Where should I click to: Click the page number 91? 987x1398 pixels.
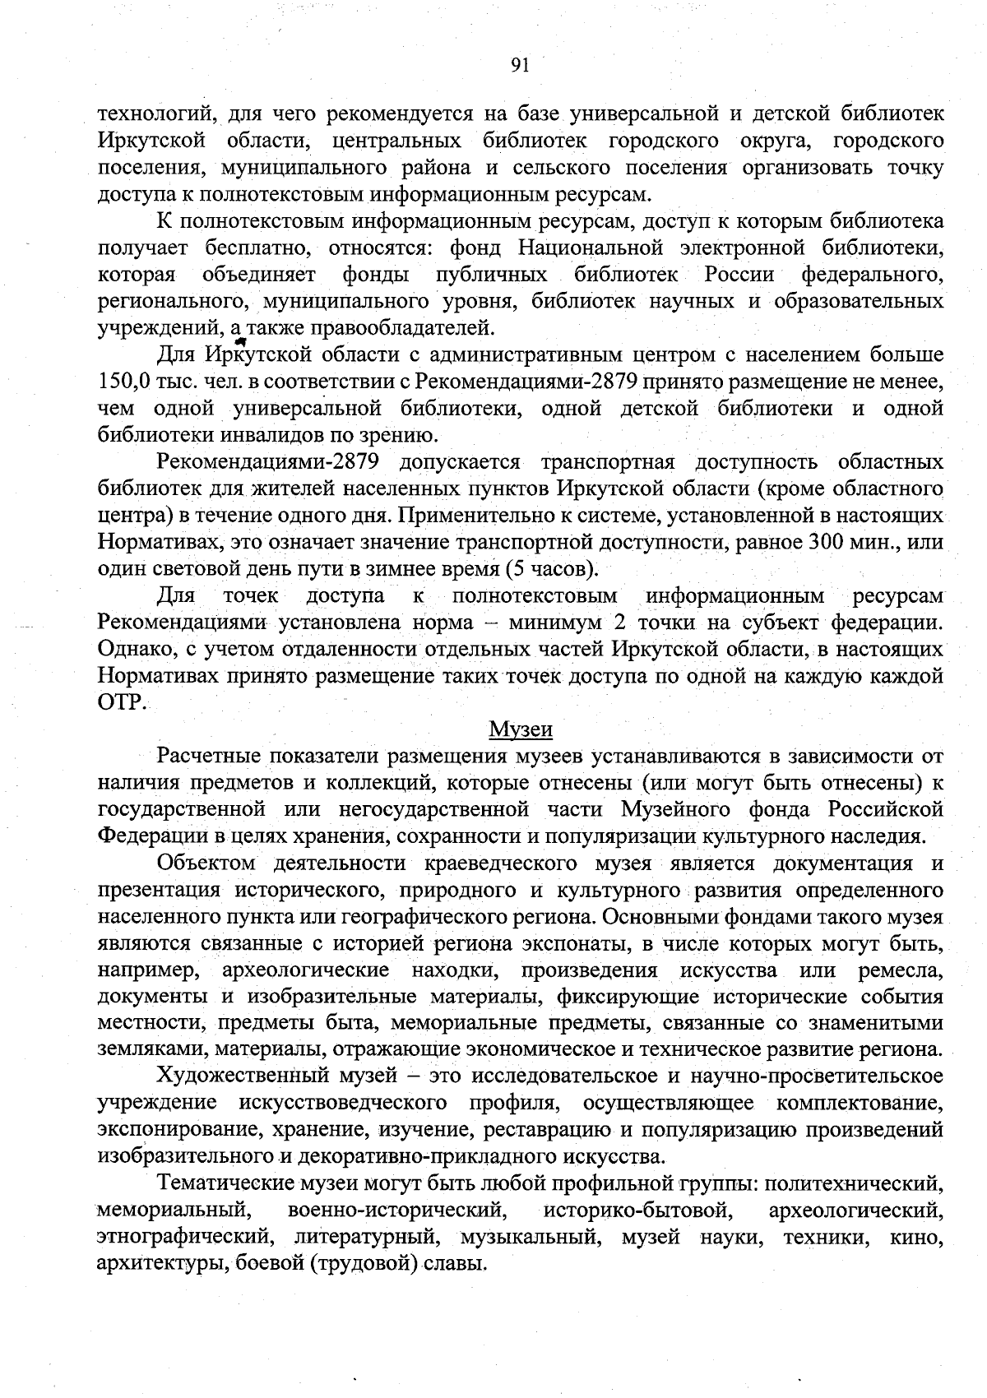[519, 67]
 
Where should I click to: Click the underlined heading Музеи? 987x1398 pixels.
[521, 729]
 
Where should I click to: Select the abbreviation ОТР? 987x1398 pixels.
[121, 702]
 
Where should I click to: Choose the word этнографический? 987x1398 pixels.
[183, 1236]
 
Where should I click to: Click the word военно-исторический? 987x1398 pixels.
[396, 1210]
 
